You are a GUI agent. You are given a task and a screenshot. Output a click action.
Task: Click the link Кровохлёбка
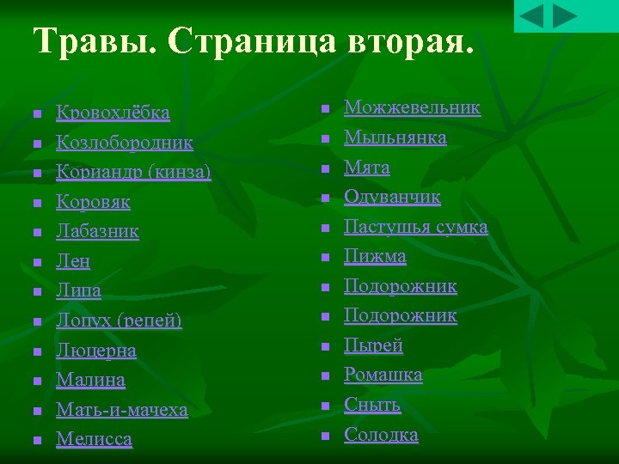coord(113,113)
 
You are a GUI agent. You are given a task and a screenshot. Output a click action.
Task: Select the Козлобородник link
coord(125,143)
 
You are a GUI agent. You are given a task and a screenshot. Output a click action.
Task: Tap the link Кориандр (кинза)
coord(133,172)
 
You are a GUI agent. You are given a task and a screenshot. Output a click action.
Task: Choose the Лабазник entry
coord(97,231)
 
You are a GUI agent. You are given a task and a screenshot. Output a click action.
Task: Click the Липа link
coord(78,290)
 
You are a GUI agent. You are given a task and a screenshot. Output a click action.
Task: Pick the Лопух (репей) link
coord(119,321)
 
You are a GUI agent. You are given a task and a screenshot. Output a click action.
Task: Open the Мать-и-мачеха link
coord(121,410)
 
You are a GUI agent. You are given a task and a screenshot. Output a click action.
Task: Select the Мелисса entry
coord(94,439)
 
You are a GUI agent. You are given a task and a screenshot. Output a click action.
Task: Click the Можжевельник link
coord(412,107)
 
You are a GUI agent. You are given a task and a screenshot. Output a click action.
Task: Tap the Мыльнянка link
coord(395,137)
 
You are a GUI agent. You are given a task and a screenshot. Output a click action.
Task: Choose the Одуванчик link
coord(392,197)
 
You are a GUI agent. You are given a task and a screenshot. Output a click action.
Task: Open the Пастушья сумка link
coord(415,227)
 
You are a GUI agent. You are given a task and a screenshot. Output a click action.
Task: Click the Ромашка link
coord(383,375)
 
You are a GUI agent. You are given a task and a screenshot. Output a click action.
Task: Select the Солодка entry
coord(381,435)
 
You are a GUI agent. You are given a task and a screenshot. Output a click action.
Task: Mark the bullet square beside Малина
coord(36,381)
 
